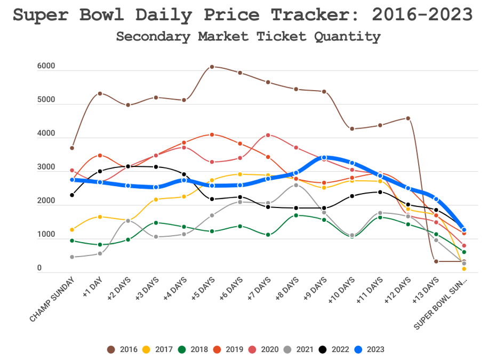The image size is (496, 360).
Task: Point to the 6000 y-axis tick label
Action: [46, 66]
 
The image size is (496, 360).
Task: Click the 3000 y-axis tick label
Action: [46, 167]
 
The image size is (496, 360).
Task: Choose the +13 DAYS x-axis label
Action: [428, 290]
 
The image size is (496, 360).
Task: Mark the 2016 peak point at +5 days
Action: [212, 67]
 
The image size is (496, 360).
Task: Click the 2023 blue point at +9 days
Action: [324, 158]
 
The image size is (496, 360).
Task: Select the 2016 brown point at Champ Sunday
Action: [72, 148]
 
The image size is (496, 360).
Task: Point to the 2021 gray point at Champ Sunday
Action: [72, 257]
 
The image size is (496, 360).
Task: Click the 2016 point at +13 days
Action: [436, 261]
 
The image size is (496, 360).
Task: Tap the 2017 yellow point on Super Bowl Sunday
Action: [464, 269]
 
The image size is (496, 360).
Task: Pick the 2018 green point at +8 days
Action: [296, 215]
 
